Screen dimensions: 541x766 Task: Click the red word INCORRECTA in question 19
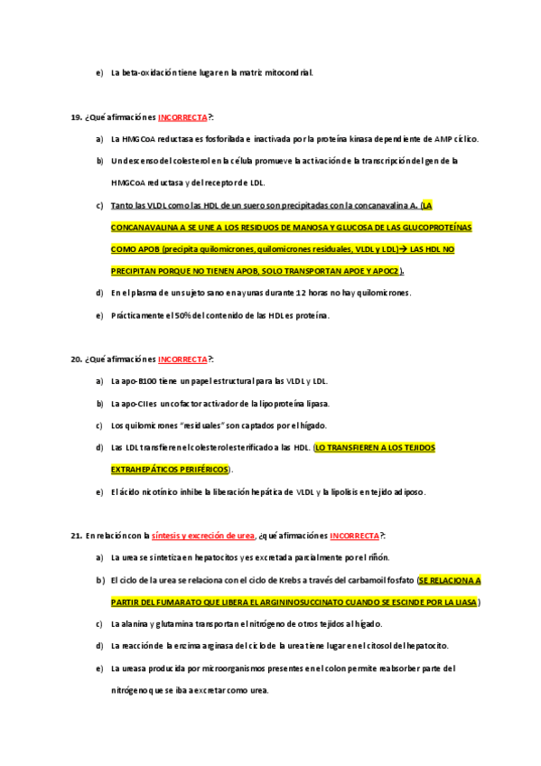coord(182,117)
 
